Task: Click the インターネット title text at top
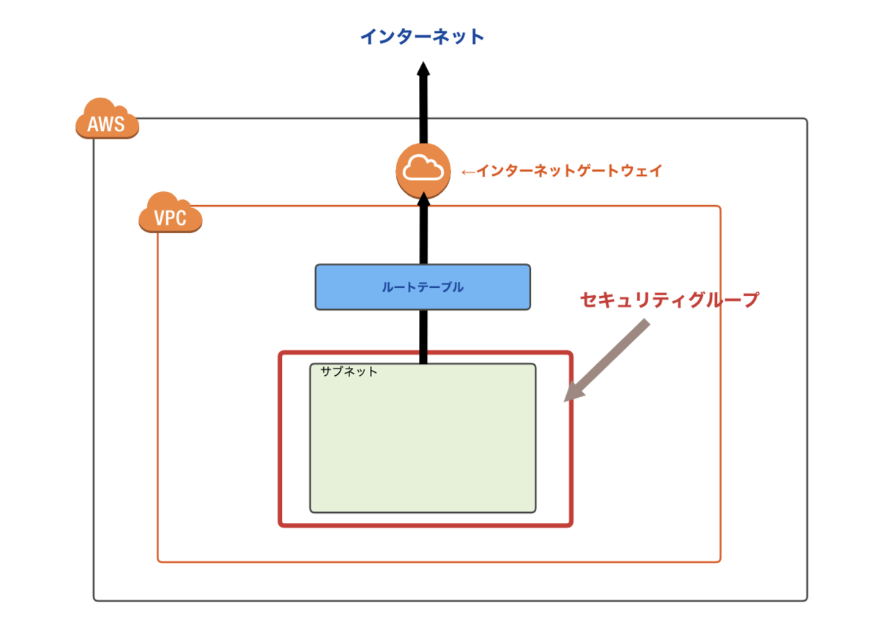click(x=422, y=37)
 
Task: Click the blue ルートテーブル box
click(x=422, y=287)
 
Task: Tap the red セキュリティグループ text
click(x=669, y=300)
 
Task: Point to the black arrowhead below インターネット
click(x=423, y=70)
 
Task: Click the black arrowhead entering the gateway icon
click(x=423, y=200)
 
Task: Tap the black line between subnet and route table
click(x=423, y=336)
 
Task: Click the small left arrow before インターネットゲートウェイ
click(x=467, y=172)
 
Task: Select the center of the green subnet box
click(x=423, y=438)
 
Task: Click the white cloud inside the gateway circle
click(x=422, y=168)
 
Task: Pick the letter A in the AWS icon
click(x=93, y=125)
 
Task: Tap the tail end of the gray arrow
click(x=646, y=325)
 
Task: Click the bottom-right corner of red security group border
click(x=570, y=524)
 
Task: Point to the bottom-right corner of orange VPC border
click(x=720, y=561)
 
